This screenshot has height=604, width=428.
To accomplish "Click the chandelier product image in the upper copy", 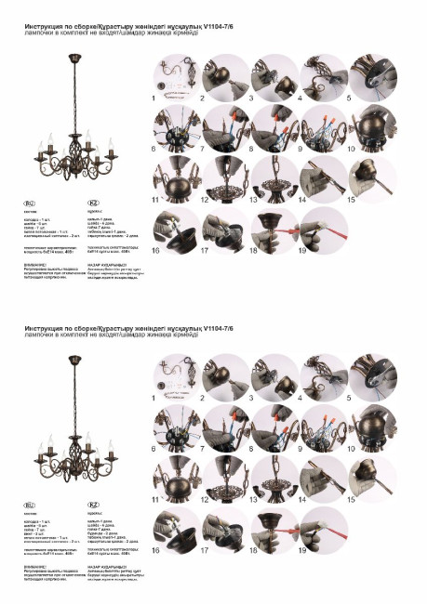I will (75, 125).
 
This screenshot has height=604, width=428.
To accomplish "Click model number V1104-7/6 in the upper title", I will (214, 29).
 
